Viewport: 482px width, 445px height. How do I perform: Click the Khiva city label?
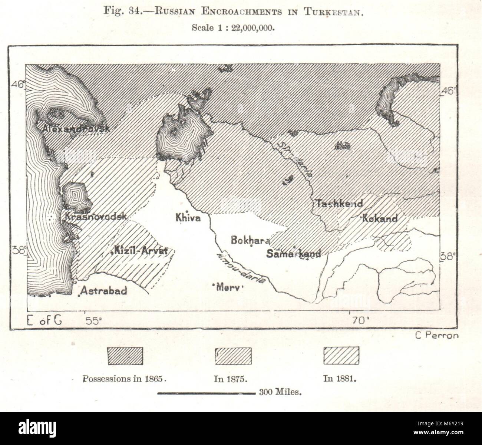click(x=188, y=218)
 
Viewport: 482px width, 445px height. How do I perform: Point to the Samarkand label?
click(x=293, y=254)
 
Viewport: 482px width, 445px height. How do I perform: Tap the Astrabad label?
click(x=103, y=290)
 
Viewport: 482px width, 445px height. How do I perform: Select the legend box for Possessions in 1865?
click(x=125, y=356)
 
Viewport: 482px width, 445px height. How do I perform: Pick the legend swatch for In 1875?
click(x=233, y=356)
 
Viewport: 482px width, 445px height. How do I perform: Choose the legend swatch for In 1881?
click(x=341, y=356)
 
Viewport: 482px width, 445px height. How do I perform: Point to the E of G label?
click(x=44, y=320)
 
